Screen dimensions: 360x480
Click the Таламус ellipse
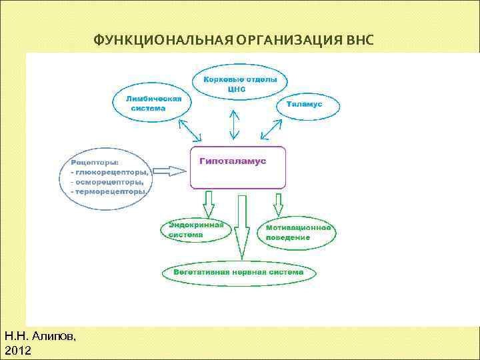click(307, 105)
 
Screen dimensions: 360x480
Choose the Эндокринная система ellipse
click(196, 230)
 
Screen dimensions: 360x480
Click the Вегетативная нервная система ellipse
click(239, 273)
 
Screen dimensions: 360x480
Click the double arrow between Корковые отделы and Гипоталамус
click(235, 124)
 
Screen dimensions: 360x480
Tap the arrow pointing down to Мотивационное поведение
click(279, 203)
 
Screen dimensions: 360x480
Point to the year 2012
click(17, 350)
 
